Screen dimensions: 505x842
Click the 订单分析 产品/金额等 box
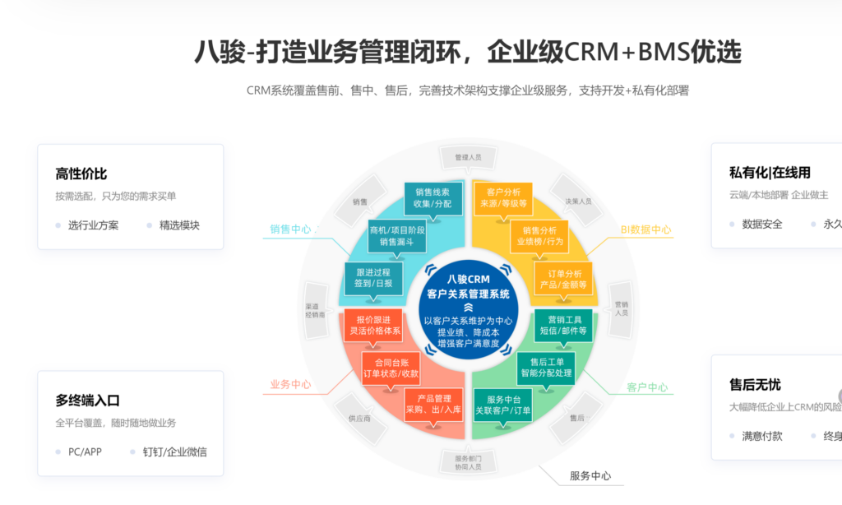pyautogui.click(x=563, y=279)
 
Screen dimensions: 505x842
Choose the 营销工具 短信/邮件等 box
pyautogui.click(x=563, y=325)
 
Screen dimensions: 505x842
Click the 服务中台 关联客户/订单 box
pyautogui.click(x=503, y=405)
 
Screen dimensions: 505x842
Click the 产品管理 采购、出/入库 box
pyautogui.click(x=433, y=405)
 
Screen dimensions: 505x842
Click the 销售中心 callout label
pyautogui.click(x=290, y=229)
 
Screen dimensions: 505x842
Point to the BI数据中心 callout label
pyautogui.click(x=645, y=230)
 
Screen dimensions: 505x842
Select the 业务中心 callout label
pyautogui.click(x=290, y=384)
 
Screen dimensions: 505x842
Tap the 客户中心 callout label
pyautogui.click(x=647, y=387)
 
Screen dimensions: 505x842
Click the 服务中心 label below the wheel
pyautogui.click(x=590, y=476)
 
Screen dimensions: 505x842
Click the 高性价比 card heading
pyautogui.click(x=81, y=174)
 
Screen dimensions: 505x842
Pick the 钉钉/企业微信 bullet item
pyautogui.click(x=174, y=452)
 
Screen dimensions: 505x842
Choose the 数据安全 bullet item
pyautogui.click(x=761, y=224)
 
